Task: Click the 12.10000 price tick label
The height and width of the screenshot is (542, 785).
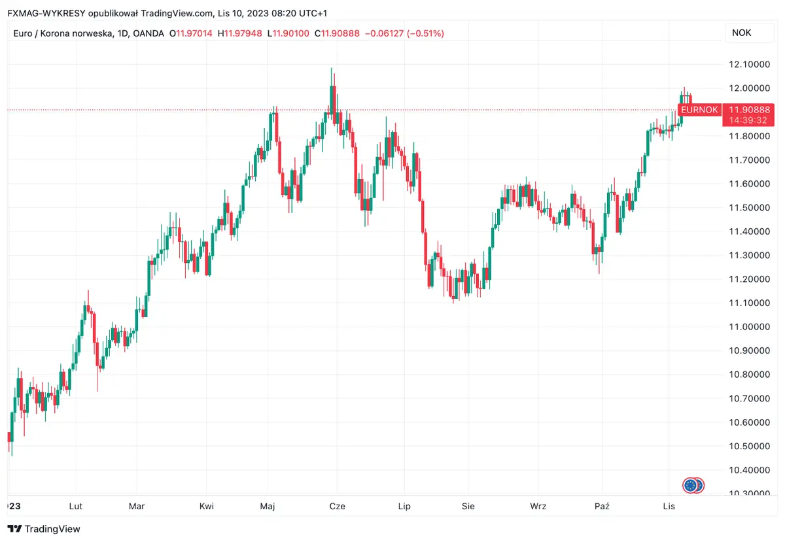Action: click(748, 64)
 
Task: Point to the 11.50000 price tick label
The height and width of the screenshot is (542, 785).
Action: click(748, 207)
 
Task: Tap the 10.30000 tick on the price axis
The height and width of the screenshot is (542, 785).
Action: click(748, 494)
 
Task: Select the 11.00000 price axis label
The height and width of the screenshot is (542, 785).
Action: click(748, 327)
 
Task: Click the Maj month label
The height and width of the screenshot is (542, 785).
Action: click(268, 506)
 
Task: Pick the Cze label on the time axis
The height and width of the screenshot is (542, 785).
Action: click(338, 506)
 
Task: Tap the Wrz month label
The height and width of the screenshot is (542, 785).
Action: click(538, 506)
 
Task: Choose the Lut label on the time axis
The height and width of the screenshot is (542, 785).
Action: click(76, 506)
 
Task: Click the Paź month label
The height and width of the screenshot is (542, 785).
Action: click(602, 506)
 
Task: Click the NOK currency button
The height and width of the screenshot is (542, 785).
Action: click(741, 33)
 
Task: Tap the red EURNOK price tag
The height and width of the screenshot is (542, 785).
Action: click(699, 110)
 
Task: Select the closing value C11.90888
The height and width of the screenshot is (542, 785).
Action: click(337, 33)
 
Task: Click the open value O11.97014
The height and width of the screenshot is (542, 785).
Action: click(190, 33)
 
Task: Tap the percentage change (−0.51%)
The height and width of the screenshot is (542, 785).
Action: click(425, 33)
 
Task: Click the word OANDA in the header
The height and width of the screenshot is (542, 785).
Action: click(148, 33)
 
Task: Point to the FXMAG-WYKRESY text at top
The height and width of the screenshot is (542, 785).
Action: click(45, 13)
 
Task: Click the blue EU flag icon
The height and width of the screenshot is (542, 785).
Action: click(689, 485)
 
